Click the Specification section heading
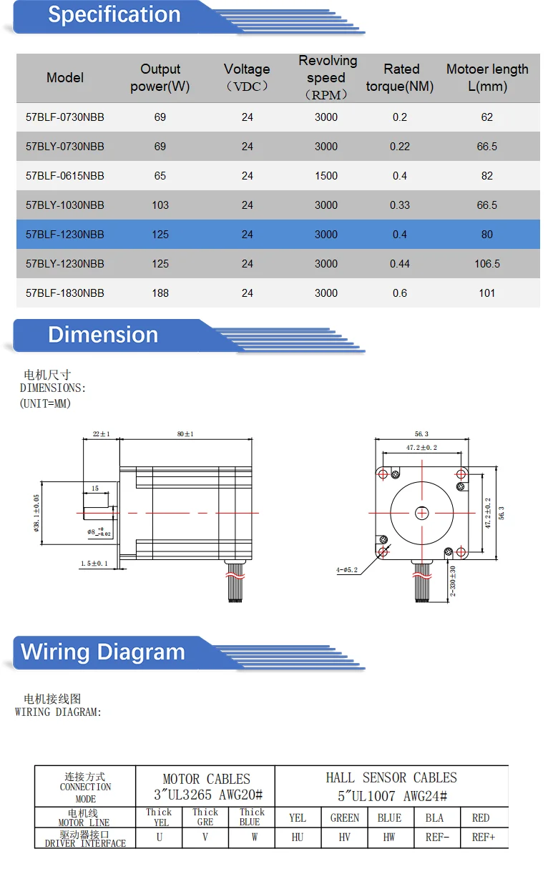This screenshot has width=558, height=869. pos(114,15)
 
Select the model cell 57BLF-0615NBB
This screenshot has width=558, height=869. pos(65,176)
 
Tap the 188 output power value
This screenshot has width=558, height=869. pos(160,293)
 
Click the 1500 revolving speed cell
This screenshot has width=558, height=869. pos(326,176)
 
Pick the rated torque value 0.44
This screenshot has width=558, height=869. pos(400,264)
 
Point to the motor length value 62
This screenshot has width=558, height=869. pos(487,117)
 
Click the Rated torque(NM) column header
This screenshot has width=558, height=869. pos(401,78)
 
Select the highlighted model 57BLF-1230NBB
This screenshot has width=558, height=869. pos(65,235)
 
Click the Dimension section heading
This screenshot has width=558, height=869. pos(103,335)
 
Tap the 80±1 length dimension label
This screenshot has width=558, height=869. pos(185,434)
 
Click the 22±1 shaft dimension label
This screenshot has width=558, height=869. pos(102,434)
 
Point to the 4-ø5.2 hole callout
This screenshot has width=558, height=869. pos(347,570)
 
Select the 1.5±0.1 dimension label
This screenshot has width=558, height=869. pos(94,564)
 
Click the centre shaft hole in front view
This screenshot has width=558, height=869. pos(422,513)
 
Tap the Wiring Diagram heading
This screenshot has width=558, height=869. pos(103,652)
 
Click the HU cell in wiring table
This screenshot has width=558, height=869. pos(298,838)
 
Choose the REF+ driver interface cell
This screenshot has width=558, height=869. pos(484,838)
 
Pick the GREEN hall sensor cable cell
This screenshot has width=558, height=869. pos(345,818)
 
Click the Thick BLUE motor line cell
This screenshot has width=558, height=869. pos(252,818)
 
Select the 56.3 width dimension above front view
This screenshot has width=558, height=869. pos(421,434)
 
